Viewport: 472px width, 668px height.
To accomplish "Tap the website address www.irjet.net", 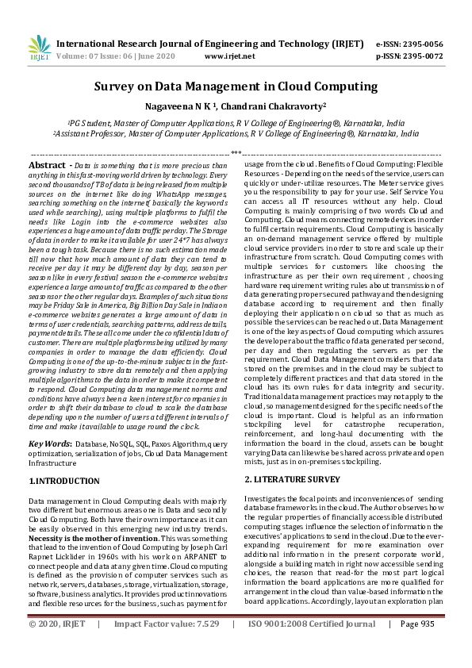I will [229, 56].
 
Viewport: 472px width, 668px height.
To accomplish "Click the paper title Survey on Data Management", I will [236, 86].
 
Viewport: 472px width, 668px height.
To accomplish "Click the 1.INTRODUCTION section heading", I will [65, 481].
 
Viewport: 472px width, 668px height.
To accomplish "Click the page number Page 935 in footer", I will [417, 646].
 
